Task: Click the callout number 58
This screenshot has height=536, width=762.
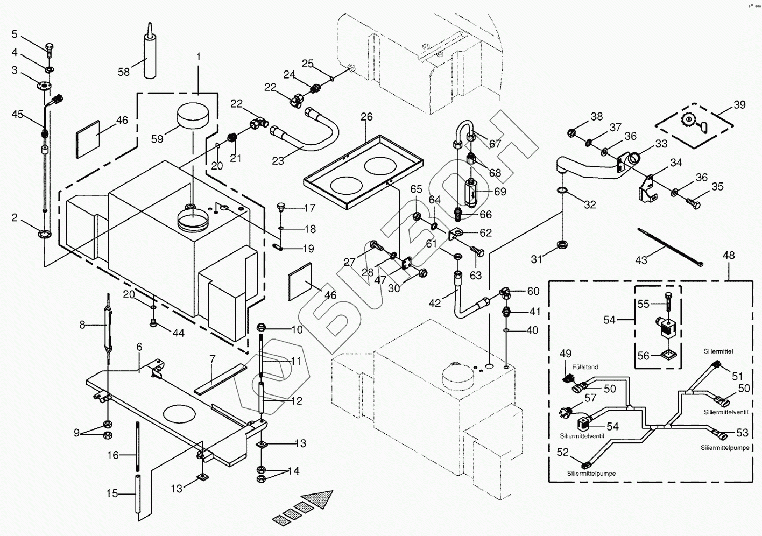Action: (x=124, y=72)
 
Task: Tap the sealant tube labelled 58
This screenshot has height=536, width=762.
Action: (x=150, y=54)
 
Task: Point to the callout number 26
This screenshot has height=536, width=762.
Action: (x=366, y=117)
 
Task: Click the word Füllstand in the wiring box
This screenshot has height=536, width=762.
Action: (x=586, y=367)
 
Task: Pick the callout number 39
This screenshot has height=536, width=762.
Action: (x=739, y=105)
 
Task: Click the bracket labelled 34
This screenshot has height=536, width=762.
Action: (x=647, y=191)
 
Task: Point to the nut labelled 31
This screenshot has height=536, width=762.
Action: (x=562, y=245)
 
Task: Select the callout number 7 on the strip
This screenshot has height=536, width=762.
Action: (x=213, y=359)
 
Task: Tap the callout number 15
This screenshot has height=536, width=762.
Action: (x=111, y=493)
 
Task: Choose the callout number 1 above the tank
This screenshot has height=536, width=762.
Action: (x=198, y=57)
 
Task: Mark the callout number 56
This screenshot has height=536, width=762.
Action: (x=644, y=356)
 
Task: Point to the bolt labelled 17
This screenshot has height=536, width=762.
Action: (x=280, y=207)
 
